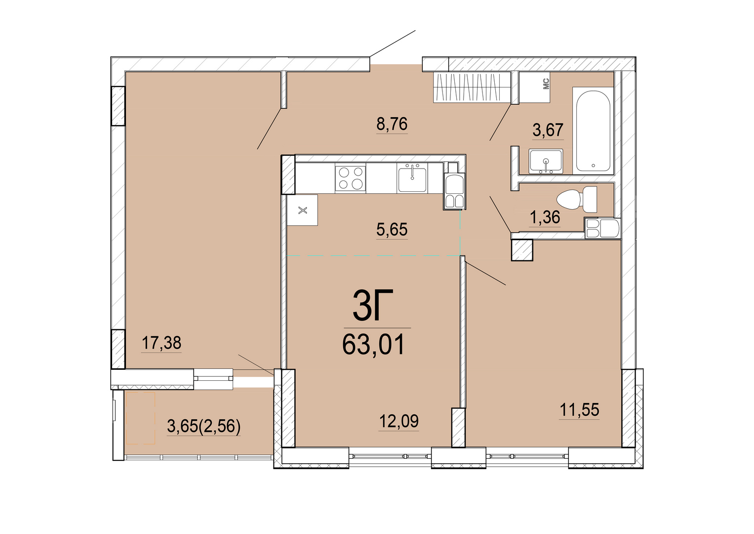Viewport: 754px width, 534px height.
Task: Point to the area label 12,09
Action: point(399,421)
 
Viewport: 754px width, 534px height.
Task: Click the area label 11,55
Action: point(579,410)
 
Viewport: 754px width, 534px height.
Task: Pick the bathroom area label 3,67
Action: point(548,130)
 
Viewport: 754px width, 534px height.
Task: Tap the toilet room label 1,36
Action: point(545,217)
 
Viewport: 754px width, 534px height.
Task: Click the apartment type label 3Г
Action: point(373,305)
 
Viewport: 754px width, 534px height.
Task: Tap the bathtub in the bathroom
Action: point(593,131)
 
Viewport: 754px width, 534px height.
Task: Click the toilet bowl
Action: point(577,200)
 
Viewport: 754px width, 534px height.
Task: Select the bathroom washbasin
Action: point(546,162)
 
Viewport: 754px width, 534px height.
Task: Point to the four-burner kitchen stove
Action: point(350,178)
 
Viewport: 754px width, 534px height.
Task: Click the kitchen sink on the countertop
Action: point(412,178)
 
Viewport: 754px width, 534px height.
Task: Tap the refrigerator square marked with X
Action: point(303,210)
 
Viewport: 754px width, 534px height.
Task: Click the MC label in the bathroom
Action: point(546,84)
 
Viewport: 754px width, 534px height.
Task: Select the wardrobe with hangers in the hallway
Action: point(472,87)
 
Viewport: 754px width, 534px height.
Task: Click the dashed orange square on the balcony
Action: point(141,418)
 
